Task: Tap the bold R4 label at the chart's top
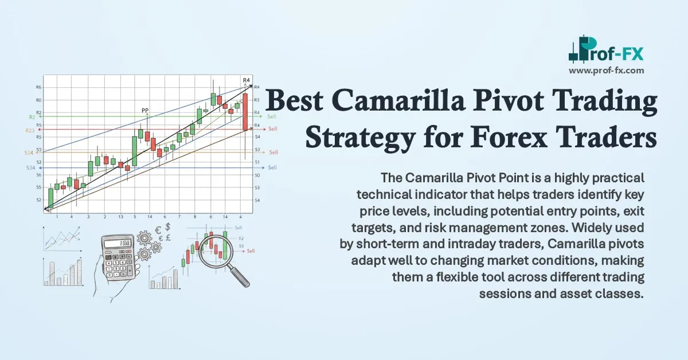pyautogui.click(x=247, y=80)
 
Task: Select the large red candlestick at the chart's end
pyautogui.click(x=245, y=112)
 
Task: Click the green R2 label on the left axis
pyautogui.click(x=33, y=117)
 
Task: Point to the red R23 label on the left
pyautogui.click(x=30, y=130)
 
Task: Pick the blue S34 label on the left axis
pyautogui.click(x=30, y=167)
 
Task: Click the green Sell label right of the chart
pyautogui.click(x=272, y=116)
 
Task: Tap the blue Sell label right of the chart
pyautogui.click(x=272, y=167)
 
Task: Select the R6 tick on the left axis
pyautogui.click(x=38, y=87)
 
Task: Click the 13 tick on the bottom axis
pyautogui.click(x=120, y=217)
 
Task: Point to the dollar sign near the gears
pyautogui.click(x=167, y=227)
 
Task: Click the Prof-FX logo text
pyautogui.click(x=616, y=54)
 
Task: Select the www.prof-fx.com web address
pyautogui.click(x=607, y=71)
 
